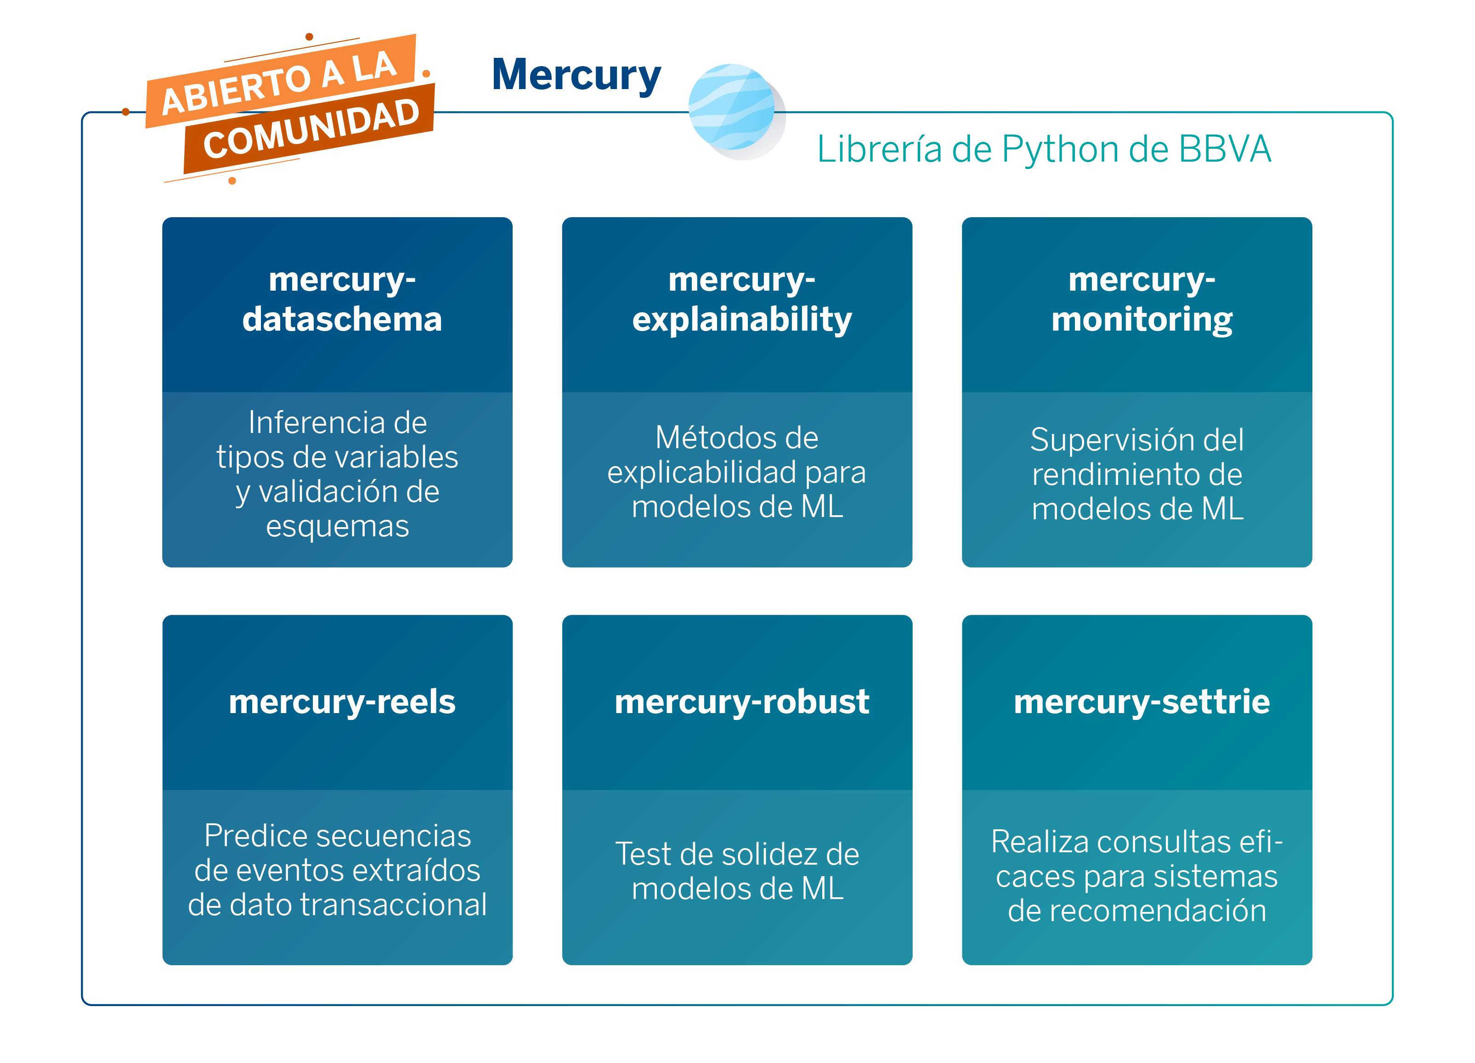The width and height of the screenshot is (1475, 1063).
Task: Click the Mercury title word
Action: click(576, 75)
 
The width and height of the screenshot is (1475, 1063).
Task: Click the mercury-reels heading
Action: click(342, 702)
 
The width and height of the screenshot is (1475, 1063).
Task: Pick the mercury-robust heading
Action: click(741, 702)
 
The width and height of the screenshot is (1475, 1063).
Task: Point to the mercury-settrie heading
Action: click(1142, 702)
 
